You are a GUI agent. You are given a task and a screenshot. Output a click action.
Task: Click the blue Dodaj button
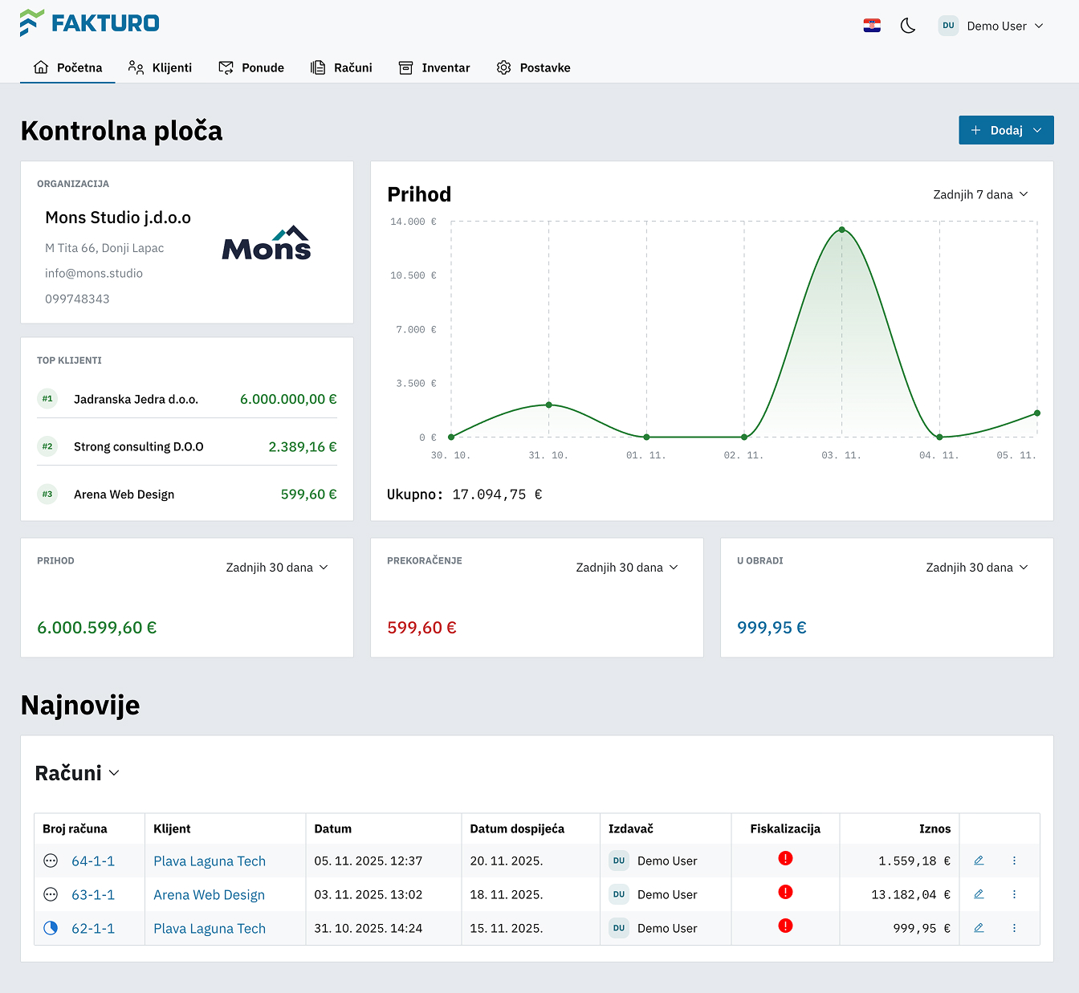(1005, 130)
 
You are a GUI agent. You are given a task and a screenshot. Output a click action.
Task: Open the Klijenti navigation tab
(161, 67)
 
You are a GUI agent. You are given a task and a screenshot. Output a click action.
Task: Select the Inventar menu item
(434, 67)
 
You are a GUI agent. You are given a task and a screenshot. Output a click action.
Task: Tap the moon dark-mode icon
(908, 26)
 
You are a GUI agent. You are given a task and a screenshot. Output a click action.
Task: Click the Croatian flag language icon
(872, 26)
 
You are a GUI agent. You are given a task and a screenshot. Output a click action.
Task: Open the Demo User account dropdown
(991, 26)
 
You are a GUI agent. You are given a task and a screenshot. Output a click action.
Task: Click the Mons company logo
(267, 243)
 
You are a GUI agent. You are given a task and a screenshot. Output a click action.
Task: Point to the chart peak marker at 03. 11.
(841, 230)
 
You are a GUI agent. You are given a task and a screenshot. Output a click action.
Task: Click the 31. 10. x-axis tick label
(548, 455)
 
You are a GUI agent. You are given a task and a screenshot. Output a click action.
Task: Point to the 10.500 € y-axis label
(413, 275)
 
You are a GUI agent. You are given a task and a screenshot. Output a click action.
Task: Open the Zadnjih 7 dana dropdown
(979, 194)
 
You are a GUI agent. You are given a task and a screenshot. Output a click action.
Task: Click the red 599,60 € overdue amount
(421, 628)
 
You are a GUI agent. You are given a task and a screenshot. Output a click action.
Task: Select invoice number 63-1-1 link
(93, 894)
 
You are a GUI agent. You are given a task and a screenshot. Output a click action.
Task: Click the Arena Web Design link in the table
(209, 894)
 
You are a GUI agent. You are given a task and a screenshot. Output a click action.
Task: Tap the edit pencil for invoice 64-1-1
(979, 861)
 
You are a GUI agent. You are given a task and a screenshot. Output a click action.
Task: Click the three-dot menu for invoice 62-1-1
(1014, 928)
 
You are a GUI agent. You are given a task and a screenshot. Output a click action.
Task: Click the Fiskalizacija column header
(785, 828)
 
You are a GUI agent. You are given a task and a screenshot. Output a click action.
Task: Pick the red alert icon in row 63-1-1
(785, 892)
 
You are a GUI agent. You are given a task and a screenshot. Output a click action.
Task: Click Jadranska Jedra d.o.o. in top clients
(136, 399)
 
